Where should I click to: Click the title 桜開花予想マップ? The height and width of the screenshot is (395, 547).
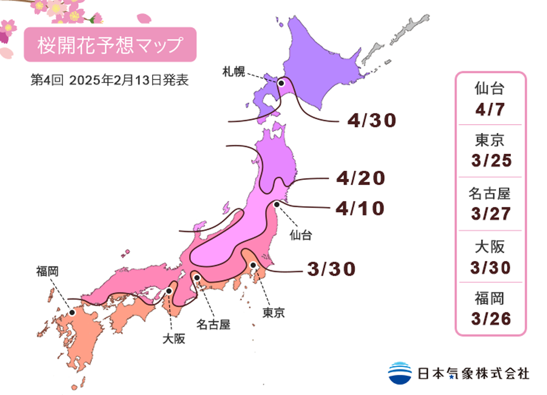[109, 45]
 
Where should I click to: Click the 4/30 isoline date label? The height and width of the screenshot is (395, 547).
[371, 120]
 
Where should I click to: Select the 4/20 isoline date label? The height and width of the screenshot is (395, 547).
[361, 178]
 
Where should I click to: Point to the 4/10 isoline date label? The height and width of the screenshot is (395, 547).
[361, 208]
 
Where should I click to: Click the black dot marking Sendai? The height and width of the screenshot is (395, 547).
[277, 204]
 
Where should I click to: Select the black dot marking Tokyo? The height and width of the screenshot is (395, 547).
[253, 265]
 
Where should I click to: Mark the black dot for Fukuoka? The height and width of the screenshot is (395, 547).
[72, 313]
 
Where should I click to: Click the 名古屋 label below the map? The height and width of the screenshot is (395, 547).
[213, 324]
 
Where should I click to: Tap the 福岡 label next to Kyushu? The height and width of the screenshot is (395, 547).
[48, 270]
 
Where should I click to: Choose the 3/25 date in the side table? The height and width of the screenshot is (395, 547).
[490, 161]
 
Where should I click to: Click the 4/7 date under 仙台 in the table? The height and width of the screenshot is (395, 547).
[490, 109]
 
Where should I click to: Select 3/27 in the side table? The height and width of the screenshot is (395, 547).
[490, 213]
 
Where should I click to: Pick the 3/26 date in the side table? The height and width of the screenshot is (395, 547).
[490, 317]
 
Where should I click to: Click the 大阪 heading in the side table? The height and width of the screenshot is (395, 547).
[490, 246]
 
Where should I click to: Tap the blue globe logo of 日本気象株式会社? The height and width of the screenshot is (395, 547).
[400, 373]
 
